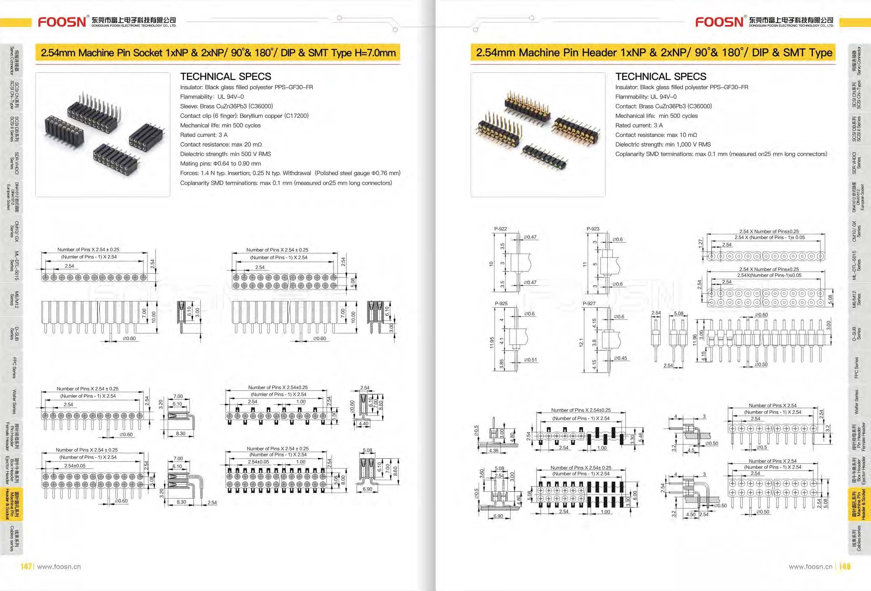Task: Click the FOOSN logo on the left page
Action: pyautogui.click(x=62, y=22)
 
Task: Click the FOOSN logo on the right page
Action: pyautogui.click(x=719, y=22)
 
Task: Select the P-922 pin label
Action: pyautogui.click(x=500, y=229)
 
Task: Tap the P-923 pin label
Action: pyautogui.click(x=593, y=229)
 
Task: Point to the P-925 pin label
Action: pyautogui.click(x=501, y=303)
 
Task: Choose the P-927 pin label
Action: pyautogui.click(x=589, y=303)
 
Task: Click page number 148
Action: pyautogui.click(x=845, y=566)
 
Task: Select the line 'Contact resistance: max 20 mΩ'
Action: pyautogui.click(x=221, y=144)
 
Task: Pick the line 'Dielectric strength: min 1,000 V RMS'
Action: pyautogui.click(x=663, y=144)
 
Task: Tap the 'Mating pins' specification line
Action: pyautogui.click(x=220, y=164)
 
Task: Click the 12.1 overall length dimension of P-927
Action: pyautogui.click(x=581, y=342)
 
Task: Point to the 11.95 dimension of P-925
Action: pyautogui.click(x=492, y=342)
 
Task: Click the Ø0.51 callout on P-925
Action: pyautogui.click(x=530, y=360)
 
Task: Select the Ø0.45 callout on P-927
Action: pyautogui.click(x=620, y=358)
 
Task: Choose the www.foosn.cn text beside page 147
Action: pyautogui.click(x=59, y=567)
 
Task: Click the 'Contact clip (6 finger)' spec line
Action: pyautogui.click(x=244, y=116)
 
